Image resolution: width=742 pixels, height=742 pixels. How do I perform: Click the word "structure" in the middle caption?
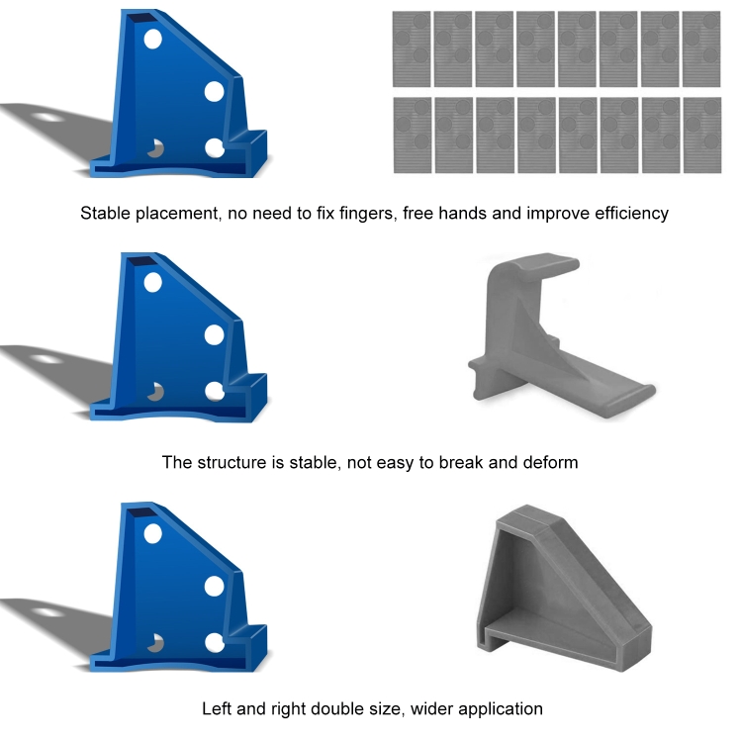click(232, 462)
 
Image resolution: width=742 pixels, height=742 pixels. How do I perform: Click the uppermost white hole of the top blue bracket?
click(152, 39)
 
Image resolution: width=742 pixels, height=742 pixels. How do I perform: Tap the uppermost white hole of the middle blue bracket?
click(152, 283)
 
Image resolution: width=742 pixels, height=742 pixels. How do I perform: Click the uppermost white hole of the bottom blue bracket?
click(152, 533)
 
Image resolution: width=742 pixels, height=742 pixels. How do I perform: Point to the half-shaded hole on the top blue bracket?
click(155, 148)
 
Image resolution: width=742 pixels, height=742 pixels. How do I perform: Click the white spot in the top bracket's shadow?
click(46, 117)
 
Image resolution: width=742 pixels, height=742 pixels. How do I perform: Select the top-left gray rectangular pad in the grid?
click(412, 49)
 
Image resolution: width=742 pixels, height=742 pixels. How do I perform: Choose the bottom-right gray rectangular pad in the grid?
click(702, 136)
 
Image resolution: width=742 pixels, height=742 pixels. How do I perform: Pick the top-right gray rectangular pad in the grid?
click(701, 49)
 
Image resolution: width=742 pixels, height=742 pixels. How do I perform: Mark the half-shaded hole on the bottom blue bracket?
click(155, 643)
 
